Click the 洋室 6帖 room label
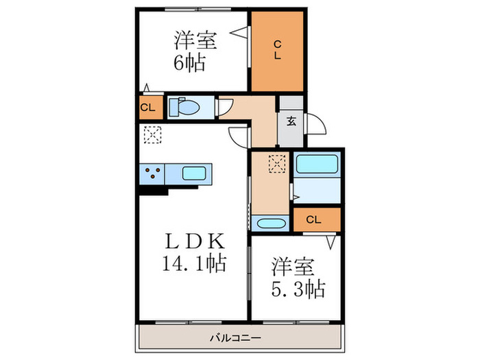[x=195, y=51]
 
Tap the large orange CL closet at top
[x=277, y=51]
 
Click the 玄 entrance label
[x=291, y=122]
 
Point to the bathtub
[x=316, y=165]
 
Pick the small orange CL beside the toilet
[x=147, y=108]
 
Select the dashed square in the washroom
[x=277, y=164]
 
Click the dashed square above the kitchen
[x=151, y=134]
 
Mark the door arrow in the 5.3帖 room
[x=331, y=241]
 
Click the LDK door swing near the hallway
[x=238, y=136]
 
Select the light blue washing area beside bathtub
[x=316, y=191]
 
